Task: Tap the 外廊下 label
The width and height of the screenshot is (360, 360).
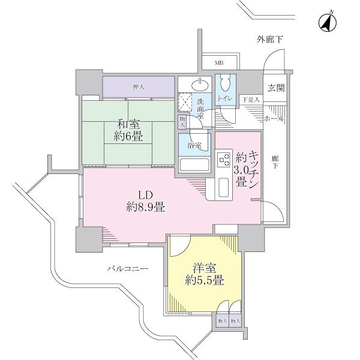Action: click(270, 40)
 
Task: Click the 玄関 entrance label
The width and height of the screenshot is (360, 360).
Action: click(276, 88)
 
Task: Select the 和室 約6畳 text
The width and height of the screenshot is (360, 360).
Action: click(130, 131)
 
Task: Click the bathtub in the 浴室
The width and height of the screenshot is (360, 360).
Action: click(194, 164)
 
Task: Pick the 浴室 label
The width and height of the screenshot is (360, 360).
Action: click(193, 145)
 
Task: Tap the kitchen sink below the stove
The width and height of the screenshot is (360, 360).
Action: click(223, 189)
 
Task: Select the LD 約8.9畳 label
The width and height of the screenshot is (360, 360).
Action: click(145, 202)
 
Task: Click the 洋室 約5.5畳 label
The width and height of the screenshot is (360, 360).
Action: click(205, 274)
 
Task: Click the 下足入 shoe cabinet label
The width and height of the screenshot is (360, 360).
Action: click(251, 100)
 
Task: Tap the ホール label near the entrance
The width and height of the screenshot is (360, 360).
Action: click(274, 119)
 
